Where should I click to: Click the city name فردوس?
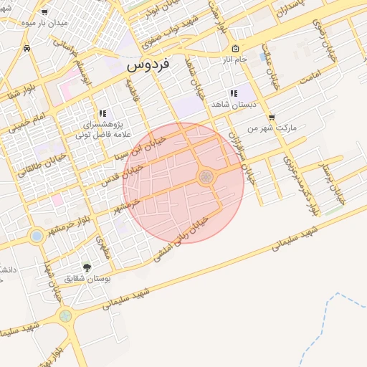[148, 65]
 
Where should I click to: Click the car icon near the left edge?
[27, 48]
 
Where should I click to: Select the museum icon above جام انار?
[235, 49]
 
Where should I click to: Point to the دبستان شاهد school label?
[231, 105]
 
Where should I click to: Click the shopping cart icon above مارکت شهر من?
[271, 118]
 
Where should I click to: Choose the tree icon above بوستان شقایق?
[87, 267]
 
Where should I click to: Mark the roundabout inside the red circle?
[206, 176]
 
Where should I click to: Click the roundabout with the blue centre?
[37, 235]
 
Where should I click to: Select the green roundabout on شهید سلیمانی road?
[65, 315]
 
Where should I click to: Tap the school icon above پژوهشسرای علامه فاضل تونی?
[103, 113]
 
